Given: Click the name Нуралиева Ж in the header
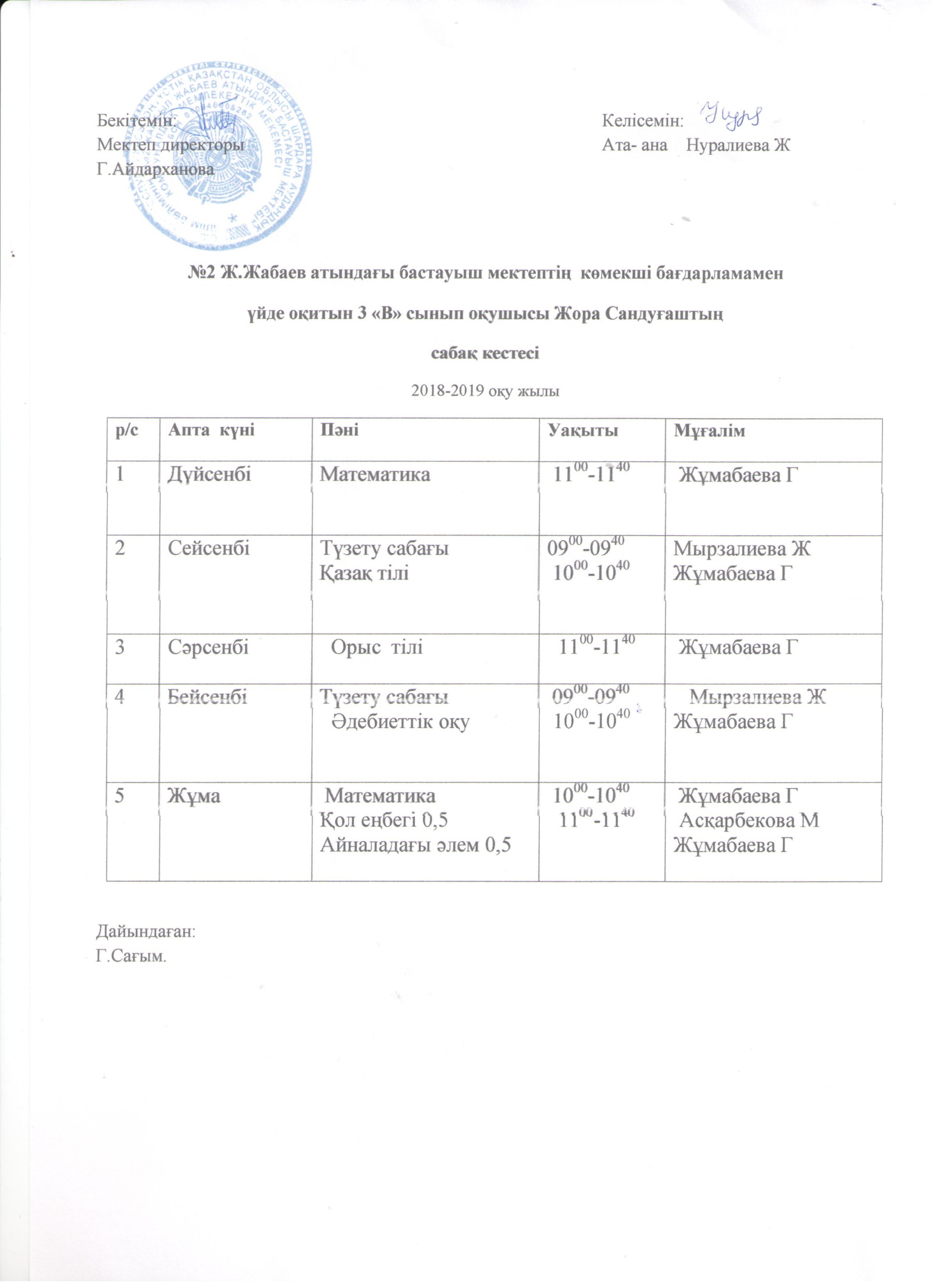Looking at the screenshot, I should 738,145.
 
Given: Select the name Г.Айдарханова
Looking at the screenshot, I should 155,169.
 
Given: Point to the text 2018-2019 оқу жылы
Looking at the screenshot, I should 485,391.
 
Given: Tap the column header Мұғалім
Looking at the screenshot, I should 709,431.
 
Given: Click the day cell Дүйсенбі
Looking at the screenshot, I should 209,475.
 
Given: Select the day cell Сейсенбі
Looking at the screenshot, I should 208,548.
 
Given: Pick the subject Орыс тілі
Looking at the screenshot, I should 376,647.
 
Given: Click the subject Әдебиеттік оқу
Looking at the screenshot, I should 401,722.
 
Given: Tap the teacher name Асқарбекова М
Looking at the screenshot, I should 749,820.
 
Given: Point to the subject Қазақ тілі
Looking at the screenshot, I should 364,573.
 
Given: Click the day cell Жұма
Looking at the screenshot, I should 194,795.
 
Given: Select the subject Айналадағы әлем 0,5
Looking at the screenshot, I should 415,845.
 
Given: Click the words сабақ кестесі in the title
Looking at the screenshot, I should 484,353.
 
